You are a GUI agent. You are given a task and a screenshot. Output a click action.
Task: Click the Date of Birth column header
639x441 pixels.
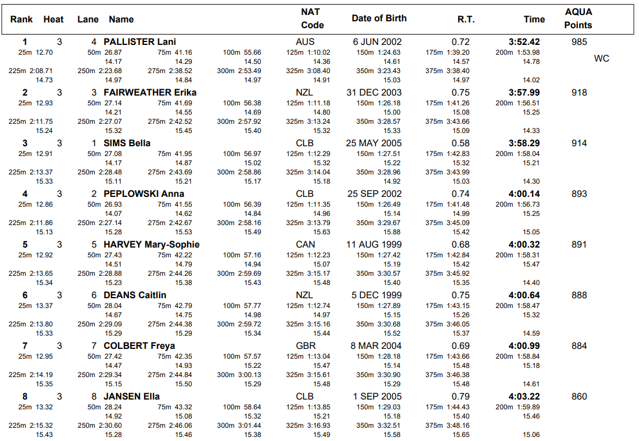pos(379,18)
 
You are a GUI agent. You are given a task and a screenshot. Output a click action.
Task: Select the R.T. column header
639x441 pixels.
pos(466,19)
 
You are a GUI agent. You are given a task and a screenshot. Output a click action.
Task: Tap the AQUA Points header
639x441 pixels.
pos(578,18)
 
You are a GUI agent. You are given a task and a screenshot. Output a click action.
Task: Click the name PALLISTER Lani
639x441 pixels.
pos(140,41)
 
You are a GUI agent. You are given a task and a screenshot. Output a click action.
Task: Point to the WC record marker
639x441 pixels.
pos(601,59)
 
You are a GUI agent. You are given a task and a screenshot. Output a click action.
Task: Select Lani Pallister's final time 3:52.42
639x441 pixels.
pos(524,41)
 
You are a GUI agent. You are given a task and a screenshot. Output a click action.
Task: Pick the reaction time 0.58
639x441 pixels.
pos(461,143)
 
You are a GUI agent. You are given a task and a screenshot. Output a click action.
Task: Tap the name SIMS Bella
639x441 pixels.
pos(127,143)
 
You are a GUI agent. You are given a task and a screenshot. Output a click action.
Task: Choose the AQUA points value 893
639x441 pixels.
pos(579,193)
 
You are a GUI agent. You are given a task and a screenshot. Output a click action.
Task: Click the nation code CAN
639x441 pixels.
pos(305,244)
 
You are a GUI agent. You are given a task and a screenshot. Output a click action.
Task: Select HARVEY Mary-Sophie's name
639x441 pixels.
pos(151,244)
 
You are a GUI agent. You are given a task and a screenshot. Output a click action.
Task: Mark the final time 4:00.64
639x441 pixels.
pos(524,295)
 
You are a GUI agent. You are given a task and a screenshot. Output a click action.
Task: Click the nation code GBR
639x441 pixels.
pos(305,345)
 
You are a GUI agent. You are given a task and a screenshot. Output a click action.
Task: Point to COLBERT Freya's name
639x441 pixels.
pos(139,345)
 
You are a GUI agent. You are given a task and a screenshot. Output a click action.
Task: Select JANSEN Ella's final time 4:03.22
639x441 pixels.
pos(524,396)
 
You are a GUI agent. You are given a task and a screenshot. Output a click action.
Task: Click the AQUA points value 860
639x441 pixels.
pos(579,396)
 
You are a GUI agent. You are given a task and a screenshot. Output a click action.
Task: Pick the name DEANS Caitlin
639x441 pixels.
pos(135,295)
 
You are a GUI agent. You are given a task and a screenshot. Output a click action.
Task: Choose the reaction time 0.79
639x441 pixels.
pos(461,396)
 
